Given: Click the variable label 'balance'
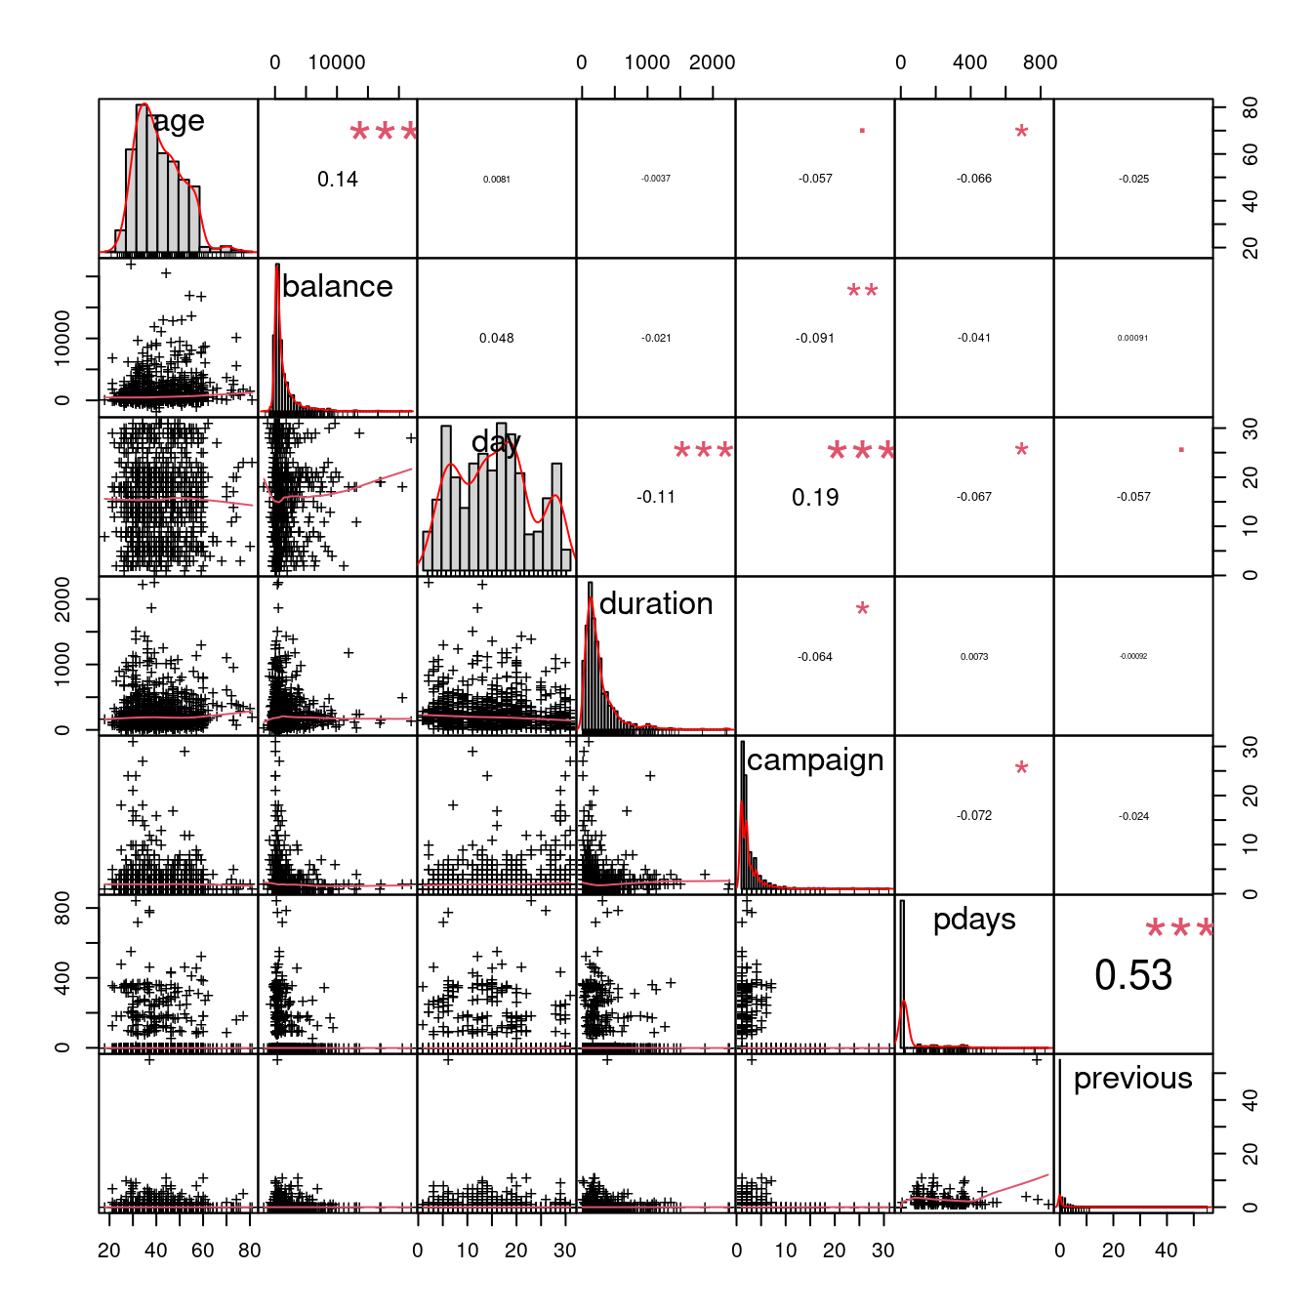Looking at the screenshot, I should click(337, 286).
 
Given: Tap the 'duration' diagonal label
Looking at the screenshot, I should click(656, 603).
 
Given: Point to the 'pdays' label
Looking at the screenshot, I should click(974, 919).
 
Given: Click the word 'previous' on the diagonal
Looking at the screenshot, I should click(1132, 1078).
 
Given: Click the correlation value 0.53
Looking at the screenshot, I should click(1132, 975).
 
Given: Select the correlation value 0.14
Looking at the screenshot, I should click(338, 179).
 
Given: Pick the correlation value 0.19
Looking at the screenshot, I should click(815, 498).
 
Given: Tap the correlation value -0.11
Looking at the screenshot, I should click(656, 497).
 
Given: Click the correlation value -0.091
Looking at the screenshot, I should click(815, 338).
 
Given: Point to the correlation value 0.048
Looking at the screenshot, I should click(496, 338).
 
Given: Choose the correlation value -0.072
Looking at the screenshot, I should click(974, 815).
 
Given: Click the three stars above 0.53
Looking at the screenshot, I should click(1179, 928).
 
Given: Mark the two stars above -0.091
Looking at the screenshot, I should click(862, 291).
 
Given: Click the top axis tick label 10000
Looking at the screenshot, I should click(337, 62).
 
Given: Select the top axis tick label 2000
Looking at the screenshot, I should click(712, 62).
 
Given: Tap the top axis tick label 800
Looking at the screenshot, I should click(1040, 62).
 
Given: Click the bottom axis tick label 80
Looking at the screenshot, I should click(250, 1250).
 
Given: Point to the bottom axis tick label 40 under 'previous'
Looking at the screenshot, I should click(1166, 1250).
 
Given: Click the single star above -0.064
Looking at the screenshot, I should click(862, 609).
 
